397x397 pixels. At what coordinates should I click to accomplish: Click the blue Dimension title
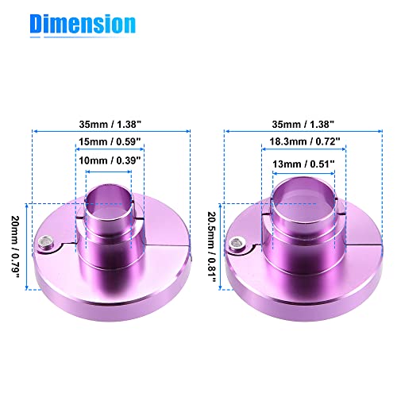[x=83, y=24]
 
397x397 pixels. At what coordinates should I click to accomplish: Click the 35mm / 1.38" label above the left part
[x=110, y=124]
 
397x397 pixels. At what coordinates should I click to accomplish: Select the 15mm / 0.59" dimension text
[x=110, y=141]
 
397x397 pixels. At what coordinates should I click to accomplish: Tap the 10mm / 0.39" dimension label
[x=110, y=160]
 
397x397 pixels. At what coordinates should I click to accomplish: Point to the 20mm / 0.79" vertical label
[x=16, y=247]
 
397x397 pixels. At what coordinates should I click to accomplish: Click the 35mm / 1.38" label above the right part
[x=303, y=124]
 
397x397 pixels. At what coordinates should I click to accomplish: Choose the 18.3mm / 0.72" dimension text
[x=305, y=141]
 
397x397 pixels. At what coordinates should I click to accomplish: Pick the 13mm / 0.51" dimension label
[x=303, y=164]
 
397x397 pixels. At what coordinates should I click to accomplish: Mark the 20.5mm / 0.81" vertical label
[x=212, y=247]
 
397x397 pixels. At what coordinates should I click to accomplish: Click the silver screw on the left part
[x=44, y=241]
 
